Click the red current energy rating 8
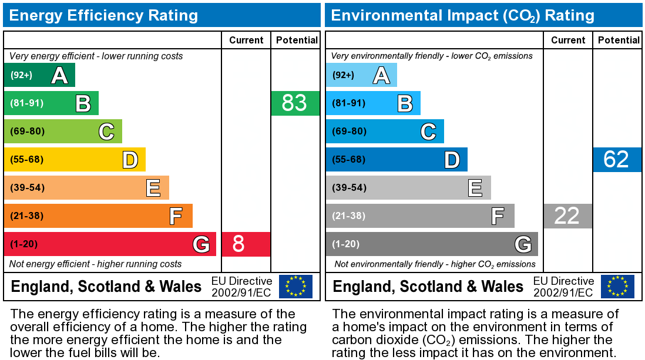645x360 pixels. (x=246, y=244)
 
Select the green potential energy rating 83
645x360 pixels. (x=295, y=103)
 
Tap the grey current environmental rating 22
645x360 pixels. (x=567, y=216)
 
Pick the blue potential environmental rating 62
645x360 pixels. (x=617, y=159)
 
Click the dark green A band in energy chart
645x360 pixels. (x=39, y=75)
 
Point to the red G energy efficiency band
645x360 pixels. (x=110, y=244)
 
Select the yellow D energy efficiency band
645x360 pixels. (x=75, y=159)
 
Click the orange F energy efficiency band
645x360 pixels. (x=98, y=216)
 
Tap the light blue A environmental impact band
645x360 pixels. (x=361, y=75)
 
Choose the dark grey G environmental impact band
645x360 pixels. (x=432, y=244)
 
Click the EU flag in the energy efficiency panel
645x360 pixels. (x=295, y=286)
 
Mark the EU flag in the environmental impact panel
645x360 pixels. (x=617, y=286)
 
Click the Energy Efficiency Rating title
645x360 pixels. (x=103, y=15)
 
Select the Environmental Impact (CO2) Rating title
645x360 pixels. (x=463, y=15)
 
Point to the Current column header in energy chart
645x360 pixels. (x=246, y=40)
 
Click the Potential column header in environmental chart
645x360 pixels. (x=619, y=40)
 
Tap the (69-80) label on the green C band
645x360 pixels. (x=27, y=131)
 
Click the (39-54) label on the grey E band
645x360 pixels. (x=349, y=187)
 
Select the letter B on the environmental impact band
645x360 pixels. (x=405, y=103)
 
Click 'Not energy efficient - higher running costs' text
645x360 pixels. (x=96, y=264)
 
